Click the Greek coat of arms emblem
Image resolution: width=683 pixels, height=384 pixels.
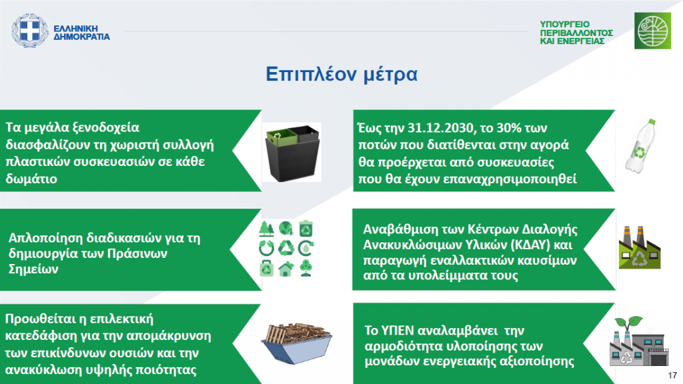[x=29, y=31]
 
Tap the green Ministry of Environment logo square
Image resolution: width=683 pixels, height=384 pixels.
[x=652, y=31]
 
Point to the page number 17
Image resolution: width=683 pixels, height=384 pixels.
[x=672, y=375]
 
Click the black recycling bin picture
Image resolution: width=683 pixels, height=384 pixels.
[x=292, y=152]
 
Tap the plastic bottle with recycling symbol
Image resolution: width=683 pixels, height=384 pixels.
[x=640, y=146]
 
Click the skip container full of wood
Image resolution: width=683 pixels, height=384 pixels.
[x=297, y=343]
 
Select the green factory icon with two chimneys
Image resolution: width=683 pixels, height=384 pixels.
[x=640, y=247]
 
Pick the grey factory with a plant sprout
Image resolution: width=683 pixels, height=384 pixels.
[x=638, y=341]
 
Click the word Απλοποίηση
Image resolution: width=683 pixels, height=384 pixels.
[x=46, y=238]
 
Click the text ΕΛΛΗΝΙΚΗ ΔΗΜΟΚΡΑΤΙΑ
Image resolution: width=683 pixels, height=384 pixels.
[x=81, y=33]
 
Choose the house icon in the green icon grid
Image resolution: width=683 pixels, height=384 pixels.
[x=285, y=269]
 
